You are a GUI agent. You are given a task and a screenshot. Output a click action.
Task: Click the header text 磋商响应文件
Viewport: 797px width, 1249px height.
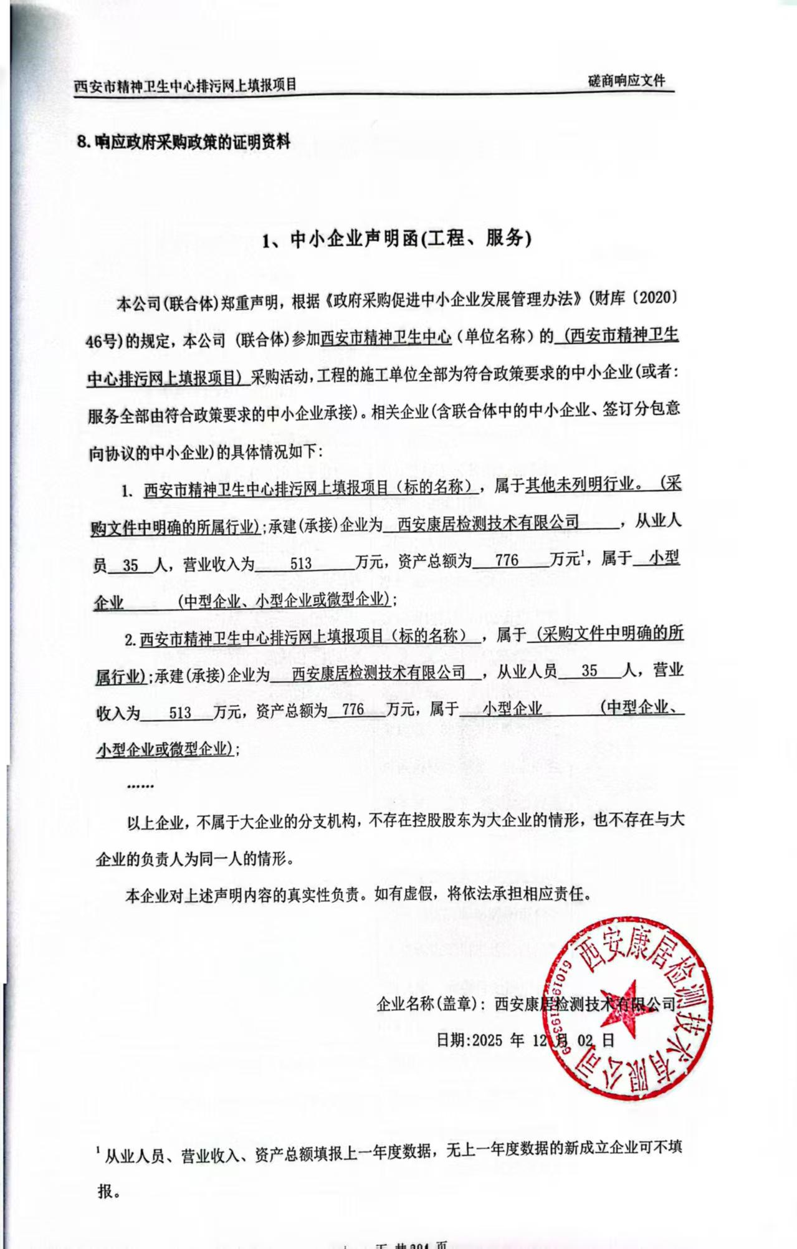coord(626,81)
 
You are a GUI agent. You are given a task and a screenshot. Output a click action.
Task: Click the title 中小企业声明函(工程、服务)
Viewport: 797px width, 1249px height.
coord(396,239)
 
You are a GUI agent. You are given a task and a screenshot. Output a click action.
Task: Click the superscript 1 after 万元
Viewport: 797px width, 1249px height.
coord(583,554)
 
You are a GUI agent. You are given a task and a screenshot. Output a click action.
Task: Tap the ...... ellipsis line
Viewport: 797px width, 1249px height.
coord(140,786)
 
